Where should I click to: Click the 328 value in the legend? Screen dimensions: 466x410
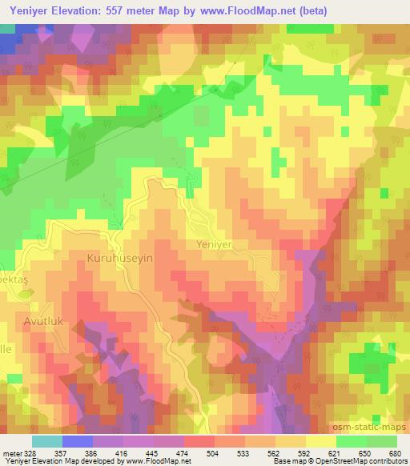pyautogui.click(x=28, y=454)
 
